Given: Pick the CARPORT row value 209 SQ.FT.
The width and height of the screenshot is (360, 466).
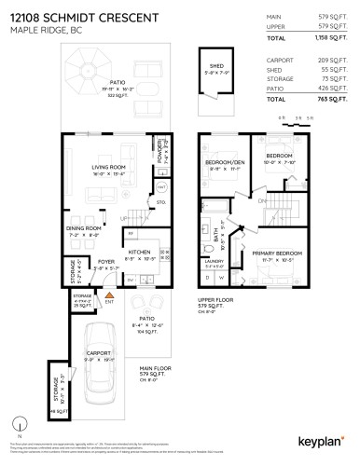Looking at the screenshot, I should point(327,58).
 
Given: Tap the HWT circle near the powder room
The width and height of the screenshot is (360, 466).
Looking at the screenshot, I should point(160,186).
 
